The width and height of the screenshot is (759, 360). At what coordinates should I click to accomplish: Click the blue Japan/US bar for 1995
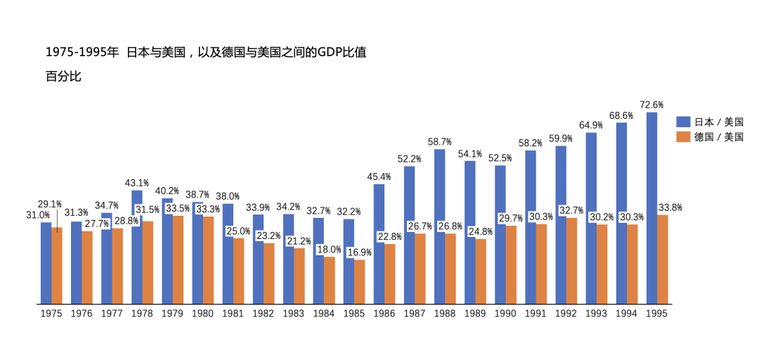651,208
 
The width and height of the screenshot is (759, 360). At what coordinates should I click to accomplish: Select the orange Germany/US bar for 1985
359,282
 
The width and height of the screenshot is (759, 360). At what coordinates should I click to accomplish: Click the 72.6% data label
651,104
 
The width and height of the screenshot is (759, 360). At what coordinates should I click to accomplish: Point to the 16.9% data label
359,252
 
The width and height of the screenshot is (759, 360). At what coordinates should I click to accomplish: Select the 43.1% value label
136,183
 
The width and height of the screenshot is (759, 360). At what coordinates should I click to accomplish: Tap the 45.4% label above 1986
379,176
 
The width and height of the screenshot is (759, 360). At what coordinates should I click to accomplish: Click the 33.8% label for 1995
670,207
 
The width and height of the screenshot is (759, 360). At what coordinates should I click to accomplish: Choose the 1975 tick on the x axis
51,314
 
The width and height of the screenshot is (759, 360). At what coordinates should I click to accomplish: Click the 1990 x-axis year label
505,314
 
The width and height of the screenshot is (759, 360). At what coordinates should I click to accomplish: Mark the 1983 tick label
294,314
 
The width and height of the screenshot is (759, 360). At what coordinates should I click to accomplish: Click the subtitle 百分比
63,77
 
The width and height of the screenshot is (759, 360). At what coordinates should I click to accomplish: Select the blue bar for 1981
228,254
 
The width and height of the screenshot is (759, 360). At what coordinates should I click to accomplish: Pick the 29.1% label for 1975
49,204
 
